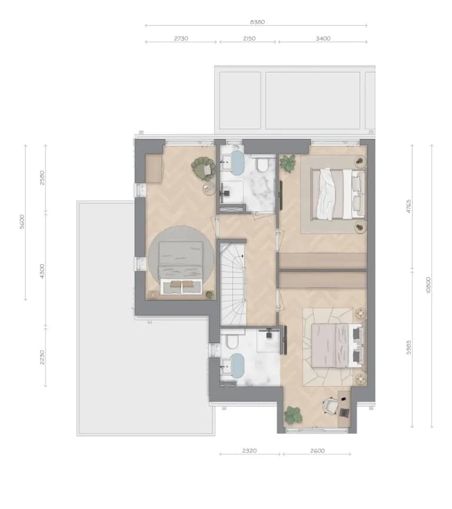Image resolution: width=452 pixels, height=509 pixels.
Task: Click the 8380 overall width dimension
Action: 257,22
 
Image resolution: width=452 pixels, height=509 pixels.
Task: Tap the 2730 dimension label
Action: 181,38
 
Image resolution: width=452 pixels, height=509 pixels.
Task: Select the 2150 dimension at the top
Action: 249,38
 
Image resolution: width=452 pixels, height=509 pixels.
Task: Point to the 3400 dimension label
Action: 323,38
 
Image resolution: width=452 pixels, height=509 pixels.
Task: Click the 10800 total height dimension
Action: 428,285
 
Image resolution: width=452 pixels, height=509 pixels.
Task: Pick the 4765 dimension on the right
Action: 409,206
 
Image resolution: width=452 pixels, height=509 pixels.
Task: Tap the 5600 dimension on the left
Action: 22,222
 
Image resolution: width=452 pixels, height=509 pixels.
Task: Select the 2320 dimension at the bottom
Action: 250,451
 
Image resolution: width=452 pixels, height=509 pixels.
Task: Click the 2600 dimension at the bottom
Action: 317,451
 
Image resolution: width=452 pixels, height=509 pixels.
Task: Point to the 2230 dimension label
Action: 42,357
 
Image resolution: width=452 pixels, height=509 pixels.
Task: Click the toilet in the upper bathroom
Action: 261,165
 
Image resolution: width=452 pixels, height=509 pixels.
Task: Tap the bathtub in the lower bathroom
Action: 238,365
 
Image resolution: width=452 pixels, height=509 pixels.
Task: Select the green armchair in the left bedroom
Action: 204,168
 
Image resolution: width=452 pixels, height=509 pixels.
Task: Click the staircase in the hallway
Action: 233,284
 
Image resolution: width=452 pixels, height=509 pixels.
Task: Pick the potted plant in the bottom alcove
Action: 294,415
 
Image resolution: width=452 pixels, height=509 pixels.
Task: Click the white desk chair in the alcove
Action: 330,406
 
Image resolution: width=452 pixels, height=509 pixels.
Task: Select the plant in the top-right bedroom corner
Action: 288,162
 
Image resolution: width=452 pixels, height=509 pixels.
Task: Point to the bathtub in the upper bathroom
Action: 238,162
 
